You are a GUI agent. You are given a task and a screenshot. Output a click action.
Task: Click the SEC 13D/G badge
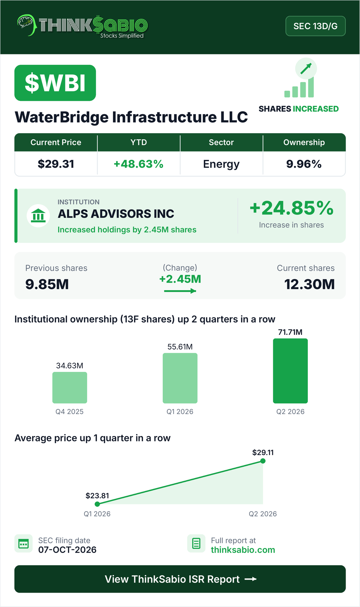[315, 26]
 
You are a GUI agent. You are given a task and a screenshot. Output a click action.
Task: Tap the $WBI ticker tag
[55, 83]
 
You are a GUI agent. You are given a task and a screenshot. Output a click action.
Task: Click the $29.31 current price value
[56, 164]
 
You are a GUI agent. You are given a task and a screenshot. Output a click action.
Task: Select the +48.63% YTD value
[138, 164]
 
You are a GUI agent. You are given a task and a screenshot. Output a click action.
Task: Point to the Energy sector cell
[221, 164]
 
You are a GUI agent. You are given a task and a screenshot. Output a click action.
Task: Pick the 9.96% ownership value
[304, 164]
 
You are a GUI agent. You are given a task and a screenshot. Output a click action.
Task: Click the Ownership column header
[304, 142]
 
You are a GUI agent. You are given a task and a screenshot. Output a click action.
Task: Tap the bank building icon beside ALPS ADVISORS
[38, 216]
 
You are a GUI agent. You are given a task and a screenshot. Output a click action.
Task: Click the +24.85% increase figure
[292, 208]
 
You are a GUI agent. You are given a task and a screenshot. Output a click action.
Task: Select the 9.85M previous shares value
[47, 284]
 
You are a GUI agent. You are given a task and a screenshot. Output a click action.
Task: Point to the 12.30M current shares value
[309, 284]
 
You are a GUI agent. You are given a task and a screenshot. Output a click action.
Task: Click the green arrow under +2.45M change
[180, 291]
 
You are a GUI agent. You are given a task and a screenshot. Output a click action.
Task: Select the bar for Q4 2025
[69, 387]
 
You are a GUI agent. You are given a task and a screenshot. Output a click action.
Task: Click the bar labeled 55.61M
[180, 378]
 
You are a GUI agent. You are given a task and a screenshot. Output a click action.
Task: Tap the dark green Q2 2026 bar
[291, 371]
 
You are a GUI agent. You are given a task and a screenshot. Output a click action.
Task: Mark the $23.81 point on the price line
[97, 504]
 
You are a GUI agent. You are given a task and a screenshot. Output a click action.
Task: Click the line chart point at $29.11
[263, 461]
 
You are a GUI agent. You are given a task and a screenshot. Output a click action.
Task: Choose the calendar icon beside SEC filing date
[23, 544]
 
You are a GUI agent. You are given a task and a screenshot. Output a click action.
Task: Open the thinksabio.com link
[243, 550]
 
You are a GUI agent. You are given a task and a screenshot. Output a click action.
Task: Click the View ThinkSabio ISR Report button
[180, 579]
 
